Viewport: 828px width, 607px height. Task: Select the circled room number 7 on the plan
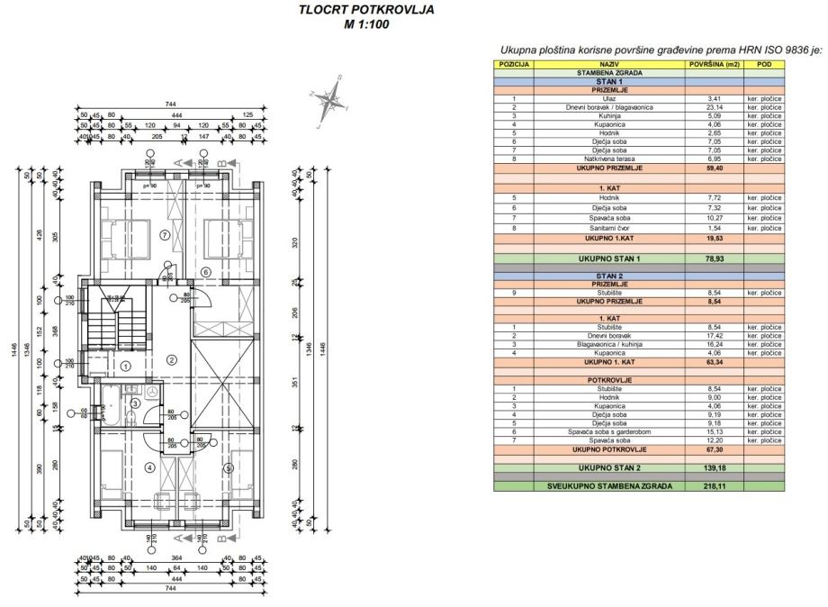pos(164,235)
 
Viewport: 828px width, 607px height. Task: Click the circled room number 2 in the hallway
pos(172,358)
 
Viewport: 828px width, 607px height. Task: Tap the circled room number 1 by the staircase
pos(126,366)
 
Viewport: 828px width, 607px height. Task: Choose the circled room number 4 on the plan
pos(149,467)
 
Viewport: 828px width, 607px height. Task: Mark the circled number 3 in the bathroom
pos(135,403)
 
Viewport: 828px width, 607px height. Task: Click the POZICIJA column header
pos(514,65)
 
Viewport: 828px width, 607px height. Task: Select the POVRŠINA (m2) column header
pos(714,65)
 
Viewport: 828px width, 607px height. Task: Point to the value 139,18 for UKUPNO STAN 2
pos(714,468)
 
